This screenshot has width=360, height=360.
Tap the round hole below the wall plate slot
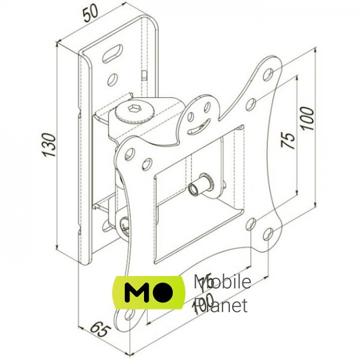click(x=112, y=78)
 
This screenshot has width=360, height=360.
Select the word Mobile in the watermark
click(x=222, y=282)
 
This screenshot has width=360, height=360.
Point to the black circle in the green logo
click(x=164, y=292)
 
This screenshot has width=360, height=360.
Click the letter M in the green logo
click(x=136, y=293)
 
